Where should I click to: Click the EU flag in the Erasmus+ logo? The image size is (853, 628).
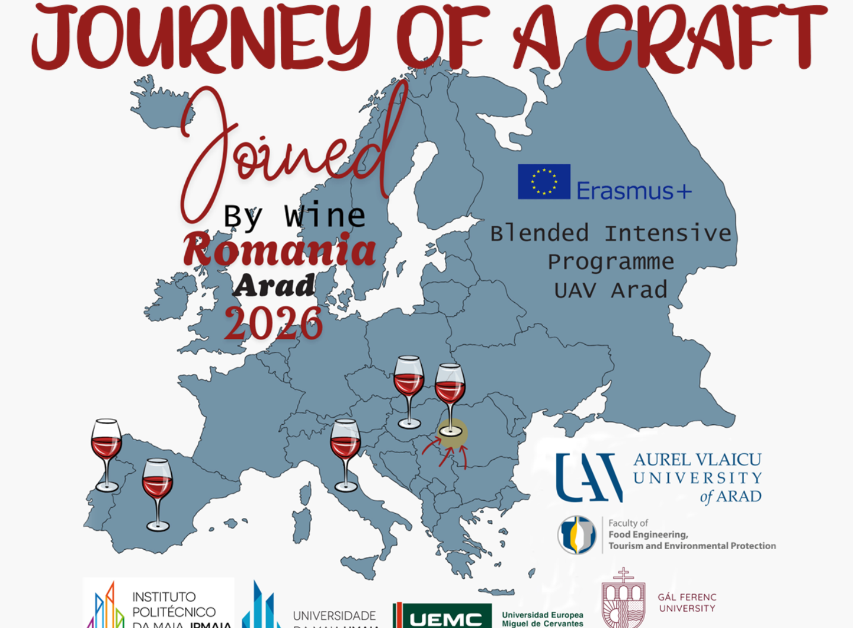(x=544, y=181)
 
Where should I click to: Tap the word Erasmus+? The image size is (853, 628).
(x=634, y=191)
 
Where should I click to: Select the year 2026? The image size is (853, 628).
(x=274, y=323)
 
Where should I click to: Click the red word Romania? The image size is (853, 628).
(x=280, y=249)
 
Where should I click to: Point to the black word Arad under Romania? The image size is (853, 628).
(x=274, y=286)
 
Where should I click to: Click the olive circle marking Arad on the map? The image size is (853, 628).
(x=452, y=433)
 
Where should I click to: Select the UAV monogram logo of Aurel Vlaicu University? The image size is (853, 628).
(x=589, y=478)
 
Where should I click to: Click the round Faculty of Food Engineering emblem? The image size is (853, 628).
(x=576, y=534)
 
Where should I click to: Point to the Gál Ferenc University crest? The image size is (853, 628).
(x=623, y=600)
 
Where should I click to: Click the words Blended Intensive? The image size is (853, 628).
(x=611, y=233)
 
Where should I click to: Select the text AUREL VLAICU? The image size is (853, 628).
(x=697, y=460)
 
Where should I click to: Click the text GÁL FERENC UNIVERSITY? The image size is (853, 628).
(x=687, y=603)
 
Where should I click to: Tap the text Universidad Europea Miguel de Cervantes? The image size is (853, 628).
(x=543, y=619)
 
